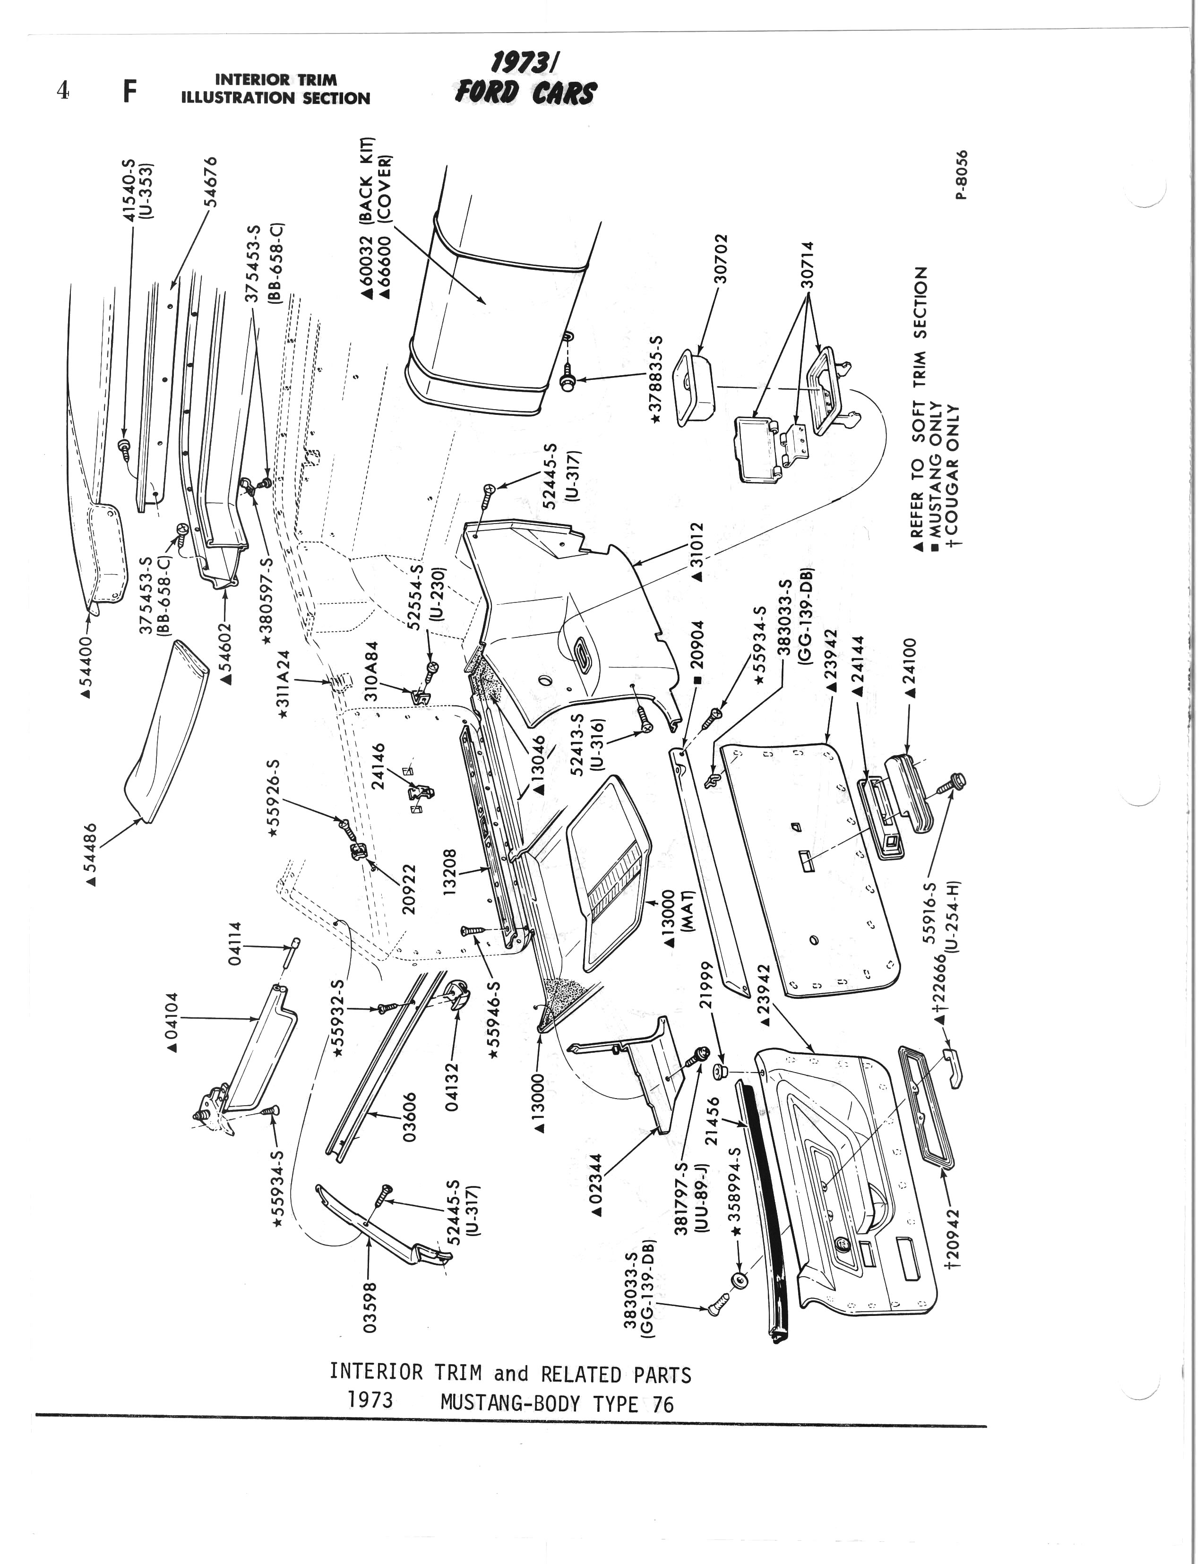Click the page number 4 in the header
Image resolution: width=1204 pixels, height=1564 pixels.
(64, 92)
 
